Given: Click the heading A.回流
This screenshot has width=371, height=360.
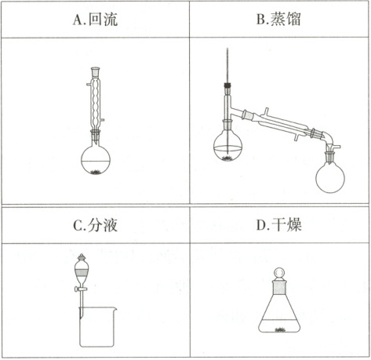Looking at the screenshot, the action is (95, 20).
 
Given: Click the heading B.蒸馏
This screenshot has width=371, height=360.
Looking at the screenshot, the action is (278, 19).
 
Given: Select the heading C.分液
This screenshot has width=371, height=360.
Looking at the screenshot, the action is (95, 225).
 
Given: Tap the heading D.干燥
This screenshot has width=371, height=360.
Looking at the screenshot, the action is (278, 224).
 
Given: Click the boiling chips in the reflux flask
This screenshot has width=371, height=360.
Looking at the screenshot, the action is (96, 172).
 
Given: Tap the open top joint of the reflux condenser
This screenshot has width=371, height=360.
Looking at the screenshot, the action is (96, 71).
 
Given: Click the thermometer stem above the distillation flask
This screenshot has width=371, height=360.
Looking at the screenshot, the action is (227, 65).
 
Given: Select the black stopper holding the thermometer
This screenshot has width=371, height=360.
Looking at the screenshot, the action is (227, 85).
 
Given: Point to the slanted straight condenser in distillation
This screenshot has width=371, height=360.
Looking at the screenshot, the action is (282, 124).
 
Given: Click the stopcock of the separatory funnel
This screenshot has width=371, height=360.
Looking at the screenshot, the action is (81, 289).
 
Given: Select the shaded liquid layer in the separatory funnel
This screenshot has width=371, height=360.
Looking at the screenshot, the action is (82, 273).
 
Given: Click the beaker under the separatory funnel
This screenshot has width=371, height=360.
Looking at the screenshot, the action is (97, 327).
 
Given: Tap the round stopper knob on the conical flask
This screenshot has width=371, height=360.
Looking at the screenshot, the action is (279, 273).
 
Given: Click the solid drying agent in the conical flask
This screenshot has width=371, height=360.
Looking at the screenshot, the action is (280, 330).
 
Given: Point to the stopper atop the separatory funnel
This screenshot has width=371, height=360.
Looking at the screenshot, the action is (82, 257).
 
